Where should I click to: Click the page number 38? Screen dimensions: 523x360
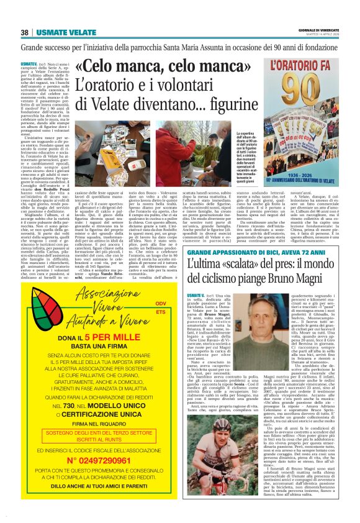(x=25, y=32)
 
